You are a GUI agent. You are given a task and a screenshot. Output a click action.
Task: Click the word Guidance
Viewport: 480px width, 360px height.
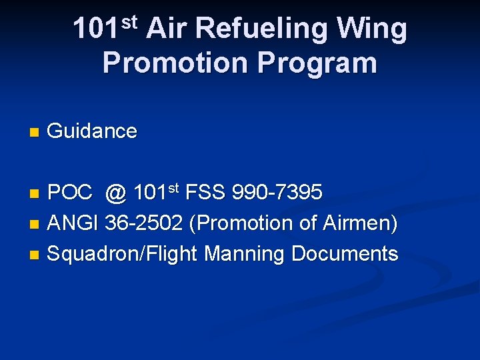click(93, 131)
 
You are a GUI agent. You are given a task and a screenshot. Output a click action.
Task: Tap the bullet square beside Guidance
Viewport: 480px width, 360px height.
click(35, 133)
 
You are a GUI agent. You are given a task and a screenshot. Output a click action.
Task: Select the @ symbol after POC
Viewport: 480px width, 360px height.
click(116, 193)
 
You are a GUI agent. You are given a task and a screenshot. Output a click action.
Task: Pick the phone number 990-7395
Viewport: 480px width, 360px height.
click(277, 193)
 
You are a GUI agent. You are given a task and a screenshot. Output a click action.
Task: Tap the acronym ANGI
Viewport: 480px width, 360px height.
click(74, 224)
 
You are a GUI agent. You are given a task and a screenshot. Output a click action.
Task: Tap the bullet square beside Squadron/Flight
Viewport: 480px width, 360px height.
click(35, 255)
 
